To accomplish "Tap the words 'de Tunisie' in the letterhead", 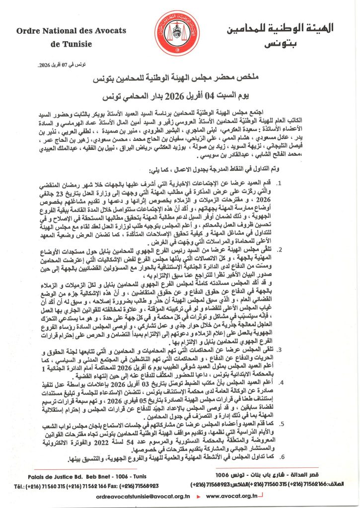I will (72, 44).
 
